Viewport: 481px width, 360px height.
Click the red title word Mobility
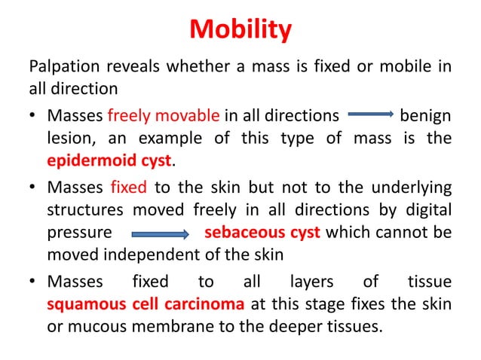tap(240, 30)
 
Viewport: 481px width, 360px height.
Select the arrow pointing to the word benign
tap(369, 116)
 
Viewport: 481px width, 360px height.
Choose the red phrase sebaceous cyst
tap(262, 232)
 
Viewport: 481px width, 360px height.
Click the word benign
tap(425, 116)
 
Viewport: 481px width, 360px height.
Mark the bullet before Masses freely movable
tap(35, 117)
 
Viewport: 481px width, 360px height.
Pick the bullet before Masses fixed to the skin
tap(35, 186)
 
